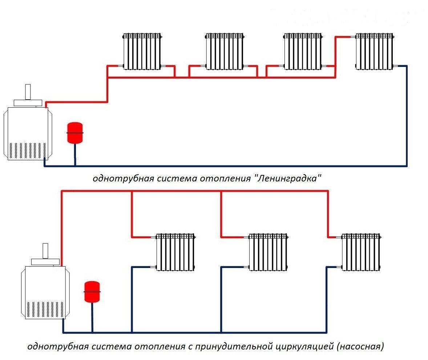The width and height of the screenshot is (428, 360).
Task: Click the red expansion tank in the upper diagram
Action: (x=75, y=133)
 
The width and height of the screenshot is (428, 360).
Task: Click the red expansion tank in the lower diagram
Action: (x=92, y=291)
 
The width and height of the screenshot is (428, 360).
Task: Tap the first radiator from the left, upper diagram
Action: (x=142, y=51)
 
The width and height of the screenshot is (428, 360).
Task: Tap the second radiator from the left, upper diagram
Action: (x=225, y=51)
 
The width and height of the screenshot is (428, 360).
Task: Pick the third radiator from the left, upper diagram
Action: (x=303, y=51)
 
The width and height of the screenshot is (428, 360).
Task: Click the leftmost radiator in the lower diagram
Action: (x=175, y=252)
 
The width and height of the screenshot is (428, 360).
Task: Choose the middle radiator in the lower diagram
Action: (x=268, y=252)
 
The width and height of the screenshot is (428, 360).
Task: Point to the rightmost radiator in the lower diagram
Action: (x=361, y=252)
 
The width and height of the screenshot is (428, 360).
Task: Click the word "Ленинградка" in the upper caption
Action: (x=289, y=179)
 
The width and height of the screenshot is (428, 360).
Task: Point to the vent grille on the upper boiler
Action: (x=28, y=150)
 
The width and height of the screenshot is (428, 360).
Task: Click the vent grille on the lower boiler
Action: (x=45, y=308)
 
